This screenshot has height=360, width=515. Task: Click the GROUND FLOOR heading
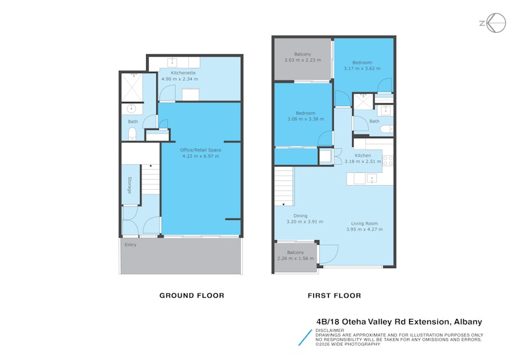(192, 296)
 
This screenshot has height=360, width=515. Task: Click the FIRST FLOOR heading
(335, 296)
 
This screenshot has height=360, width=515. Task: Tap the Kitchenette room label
(183, 73)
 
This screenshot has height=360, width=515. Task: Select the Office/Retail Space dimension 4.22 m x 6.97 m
(201, 156)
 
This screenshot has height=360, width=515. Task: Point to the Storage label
(129, 185)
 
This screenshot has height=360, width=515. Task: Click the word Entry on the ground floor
(130, 245)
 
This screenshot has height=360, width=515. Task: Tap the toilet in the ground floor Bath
(132, 133)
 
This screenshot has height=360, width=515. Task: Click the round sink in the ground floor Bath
(131, 109)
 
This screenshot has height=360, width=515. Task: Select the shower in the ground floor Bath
(132, 88)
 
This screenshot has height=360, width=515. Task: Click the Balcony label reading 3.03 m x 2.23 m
(302, 57)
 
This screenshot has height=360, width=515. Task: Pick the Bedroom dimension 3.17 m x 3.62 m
(362, 68)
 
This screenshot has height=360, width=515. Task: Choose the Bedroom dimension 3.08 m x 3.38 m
(306, 119)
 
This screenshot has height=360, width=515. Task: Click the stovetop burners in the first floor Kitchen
(388, 161)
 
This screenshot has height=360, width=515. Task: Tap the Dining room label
(300, 216)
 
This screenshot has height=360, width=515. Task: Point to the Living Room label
(364, 223)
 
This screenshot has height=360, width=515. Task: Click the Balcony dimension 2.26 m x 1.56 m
(296, 259)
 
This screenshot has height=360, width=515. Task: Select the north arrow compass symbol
(493, 23)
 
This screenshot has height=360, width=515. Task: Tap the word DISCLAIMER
(330, 331)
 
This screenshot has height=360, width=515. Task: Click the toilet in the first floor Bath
(386, 129)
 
